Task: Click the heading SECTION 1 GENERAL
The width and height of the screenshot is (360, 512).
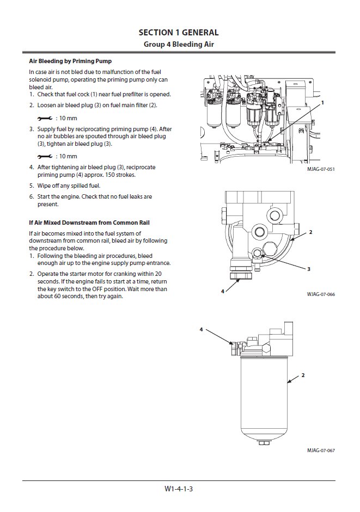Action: [179, 33]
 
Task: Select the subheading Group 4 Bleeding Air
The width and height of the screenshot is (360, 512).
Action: [179, 44]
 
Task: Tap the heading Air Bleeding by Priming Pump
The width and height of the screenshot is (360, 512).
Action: [70, 61]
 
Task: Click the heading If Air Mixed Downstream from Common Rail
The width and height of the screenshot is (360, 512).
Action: [89, 223]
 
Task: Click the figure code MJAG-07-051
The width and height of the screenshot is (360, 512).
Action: [321, 170]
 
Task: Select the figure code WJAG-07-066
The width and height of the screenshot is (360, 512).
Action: [321, 294]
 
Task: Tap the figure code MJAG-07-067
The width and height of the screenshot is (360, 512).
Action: [321, 451]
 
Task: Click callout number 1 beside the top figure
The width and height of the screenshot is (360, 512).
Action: [322, 102]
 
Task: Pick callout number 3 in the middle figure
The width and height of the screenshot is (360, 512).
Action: [309, 269]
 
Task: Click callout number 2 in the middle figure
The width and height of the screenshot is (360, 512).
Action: [310, 232]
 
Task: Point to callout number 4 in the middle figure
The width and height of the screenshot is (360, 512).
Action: [223, 291]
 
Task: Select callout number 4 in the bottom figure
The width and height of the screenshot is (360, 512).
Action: [201, 330]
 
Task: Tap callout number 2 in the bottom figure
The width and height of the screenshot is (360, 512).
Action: [303, 375]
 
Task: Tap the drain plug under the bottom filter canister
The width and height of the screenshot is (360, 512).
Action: [264, 442]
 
